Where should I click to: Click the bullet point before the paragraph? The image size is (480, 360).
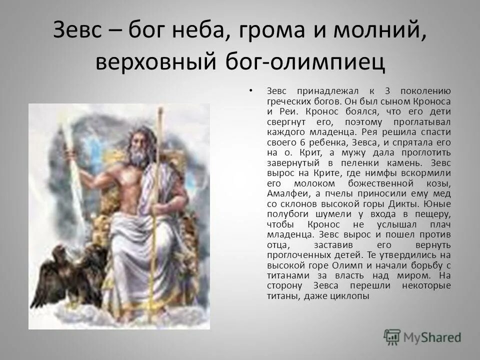point(249,90)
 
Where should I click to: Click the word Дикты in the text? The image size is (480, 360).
point(406,205)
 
